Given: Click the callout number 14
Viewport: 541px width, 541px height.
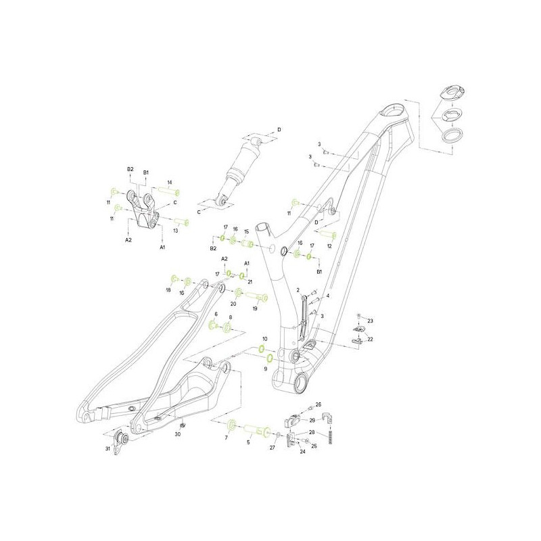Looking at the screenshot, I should click(170, 183).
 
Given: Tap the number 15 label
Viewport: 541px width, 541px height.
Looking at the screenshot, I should click(247, 231).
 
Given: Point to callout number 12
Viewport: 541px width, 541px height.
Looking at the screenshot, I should click(329, 246).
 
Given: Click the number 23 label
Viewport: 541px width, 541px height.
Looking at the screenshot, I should click(371, 321).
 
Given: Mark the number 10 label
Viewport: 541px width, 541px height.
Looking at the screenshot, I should click(265, 338).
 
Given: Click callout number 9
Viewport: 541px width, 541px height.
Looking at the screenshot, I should click(265, 369).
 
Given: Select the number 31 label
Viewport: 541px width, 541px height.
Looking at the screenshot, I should click(108, 448).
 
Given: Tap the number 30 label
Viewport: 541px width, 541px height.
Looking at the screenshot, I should click(177, 434).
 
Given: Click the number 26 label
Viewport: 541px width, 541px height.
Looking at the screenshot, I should click(319, 404).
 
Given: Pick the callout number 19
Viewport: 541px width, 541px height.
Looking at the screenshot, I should click(255, 308).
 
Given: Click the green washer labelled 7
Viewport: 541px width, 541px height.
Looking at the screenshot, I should click(231, 425).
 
